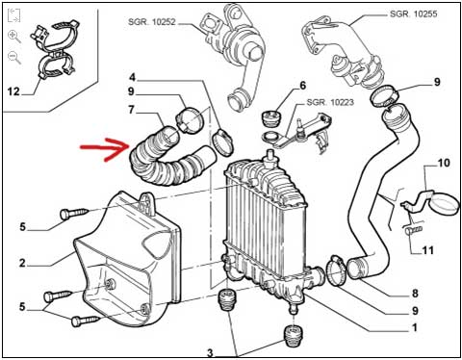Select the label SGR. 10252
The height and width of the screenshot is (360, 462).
[152, 22]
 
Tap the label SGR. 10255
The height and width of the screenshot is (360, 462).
[413, 13]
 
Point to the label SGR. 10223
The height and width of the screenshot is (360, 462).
[330, 102]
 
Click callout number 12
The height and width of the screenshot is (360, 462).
[13, 91]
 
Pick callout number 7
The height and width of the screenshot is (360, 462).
[131, 110]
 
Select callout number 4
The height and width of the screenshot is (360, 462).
[133, 77]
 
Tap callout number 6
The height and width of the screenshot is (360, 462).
[302, 86]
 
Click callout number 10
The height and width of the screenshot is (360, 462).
[444, 163]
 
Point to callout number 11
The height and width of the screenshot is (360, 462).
[427, 250]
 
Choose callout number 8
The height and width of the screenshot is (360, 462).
[415, 293]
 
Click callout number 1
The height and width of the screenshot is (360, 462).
[415, 327]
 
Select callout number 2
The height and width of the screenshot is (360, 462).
[22, 263]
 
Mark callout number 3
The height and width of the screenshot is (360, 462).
[210, 353]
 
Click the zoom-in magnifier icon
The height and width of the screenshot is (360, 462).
[14, 37]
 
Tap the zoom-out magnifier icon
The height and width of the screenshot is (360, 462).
[14, 58]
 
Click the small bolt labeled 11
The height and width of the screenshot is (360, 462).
[413, 230]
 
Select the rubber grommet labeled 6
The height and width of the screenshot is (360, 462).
[270, 119]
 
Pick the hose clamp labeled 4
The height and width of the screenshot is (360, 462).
[222, 141]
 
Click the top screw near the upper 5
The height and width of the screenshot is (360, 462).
[75, 214]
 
